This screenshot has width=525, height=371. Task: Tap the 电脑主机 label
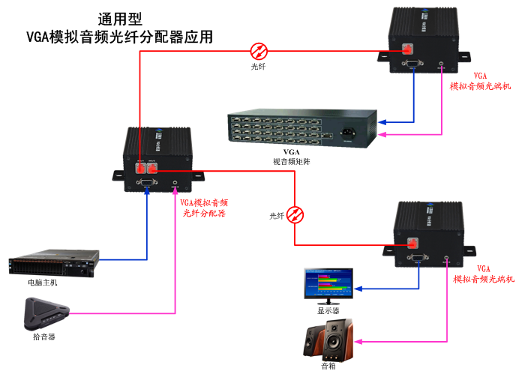[x=41, y=283]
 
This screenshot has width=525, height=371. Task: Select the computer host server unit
[x=53, y=263]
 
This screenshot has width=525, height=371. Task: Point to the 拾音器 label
[x=44, y=337]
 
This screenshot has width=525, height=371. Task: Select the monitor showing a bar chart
[x=328, y=284]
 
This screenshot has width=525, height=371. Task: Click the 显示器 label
[x=328, y=310]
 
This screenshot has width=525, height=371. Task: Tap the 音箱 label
[x=328, y=366]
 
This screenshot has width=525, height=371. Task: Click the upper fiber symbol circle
[x=259, y=50]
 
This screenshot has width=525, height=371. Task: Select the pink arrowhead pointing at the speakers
[x=358, y=342]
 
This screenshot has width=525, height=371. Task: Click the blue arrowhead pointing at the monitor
[x=358, y=287]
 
